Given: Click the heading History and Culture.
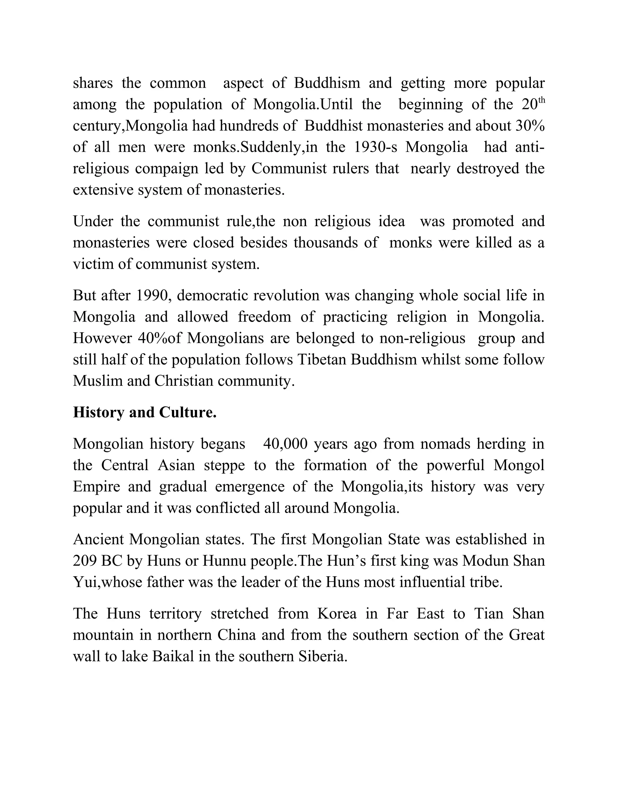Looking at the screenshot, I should [x=145, y=412].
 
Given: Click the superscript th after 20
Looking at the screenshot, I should [x=541, y=101].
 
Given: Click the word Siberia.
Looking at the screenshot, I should [x=323, y=656].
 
